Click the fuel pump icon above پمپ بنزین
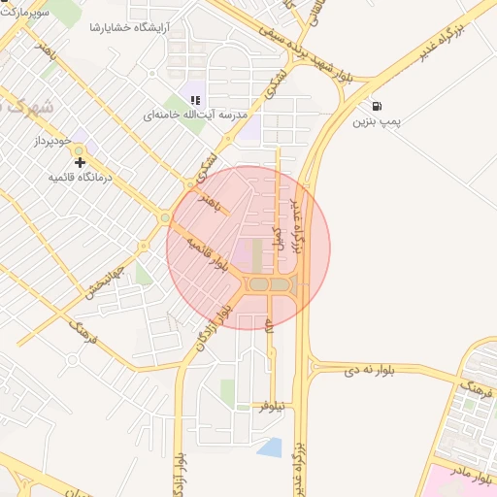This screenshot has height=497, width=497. [x=376, y=107]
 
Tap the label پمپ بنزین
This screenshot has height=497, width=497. [x=376, y=123]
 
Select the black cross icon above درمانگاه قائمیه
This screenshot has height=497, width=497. [x=80, y=162]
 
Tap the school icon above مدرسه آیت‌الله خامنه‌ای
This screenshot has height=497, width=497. [x=195, y=99]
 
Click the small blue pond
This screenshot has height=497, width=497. [x=270, y=447]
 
